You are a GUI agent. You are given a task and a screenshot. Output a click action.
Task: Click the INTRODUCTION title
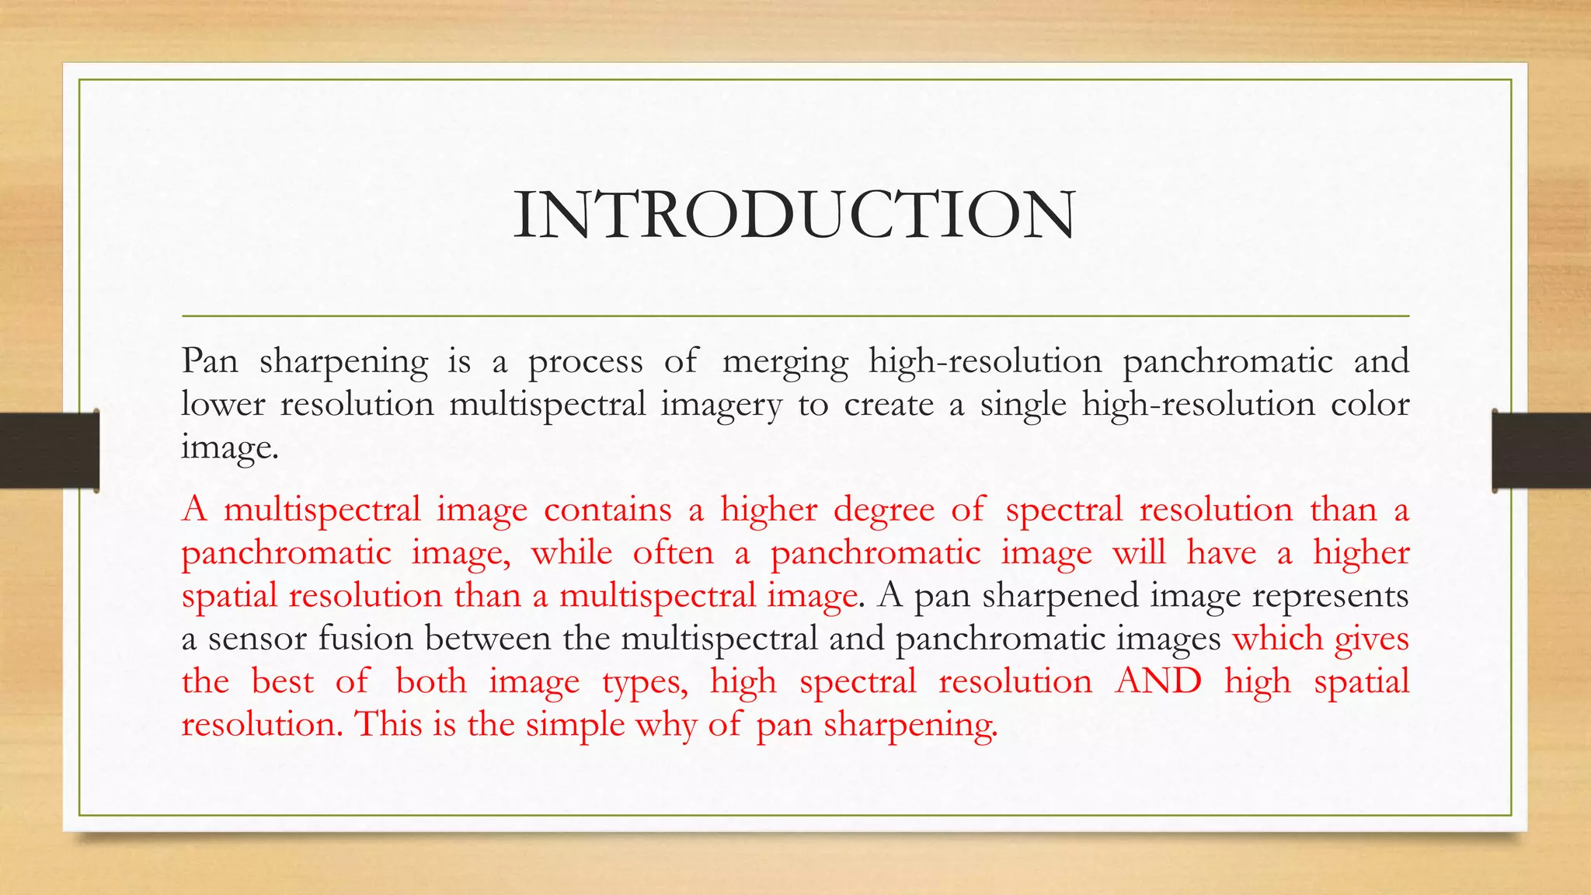794,214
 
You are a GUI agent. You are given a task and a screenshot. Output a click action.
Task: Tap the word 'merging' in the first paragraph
785,362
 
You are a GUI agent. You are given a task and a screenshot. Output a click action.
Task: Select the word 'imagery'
721,406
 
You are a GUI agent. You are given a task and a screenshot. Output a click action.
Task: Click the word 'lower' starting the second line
223,404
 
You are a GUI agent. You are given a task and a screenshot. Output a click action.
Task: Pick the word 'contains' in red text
608,510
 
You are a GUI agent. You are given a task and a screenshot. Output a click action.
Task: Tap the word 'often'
673,552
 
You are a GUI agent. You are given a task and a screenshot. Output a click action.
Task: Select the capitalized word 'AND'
1158,681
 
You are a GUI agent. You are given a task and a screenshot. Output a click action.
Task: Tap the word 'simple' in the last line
575,725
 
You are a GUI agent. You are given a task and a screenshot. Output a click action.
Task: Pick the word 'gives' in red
1371,639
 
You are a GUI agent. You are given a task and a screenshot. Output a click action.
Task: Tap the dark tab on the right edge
1541,451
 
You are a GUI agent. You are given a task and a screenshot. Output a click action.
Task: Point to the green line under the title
795,316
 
